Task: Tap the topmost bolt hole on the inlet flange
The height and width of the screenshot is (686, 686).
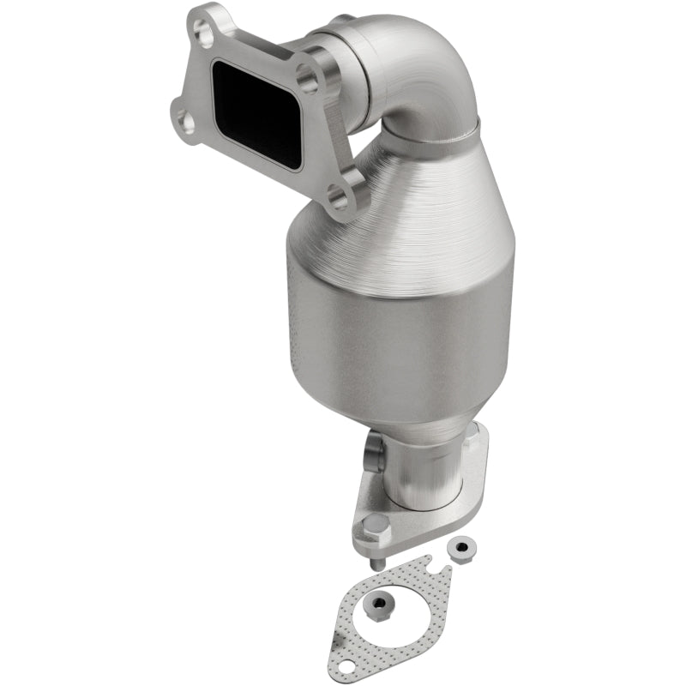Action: click(204, 33)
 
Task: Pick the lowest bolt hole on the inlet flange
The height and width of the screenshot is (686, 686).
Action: click(338, 201)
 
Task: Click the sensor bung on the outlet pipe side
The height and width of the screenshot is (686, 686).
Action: click(375, 449)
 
